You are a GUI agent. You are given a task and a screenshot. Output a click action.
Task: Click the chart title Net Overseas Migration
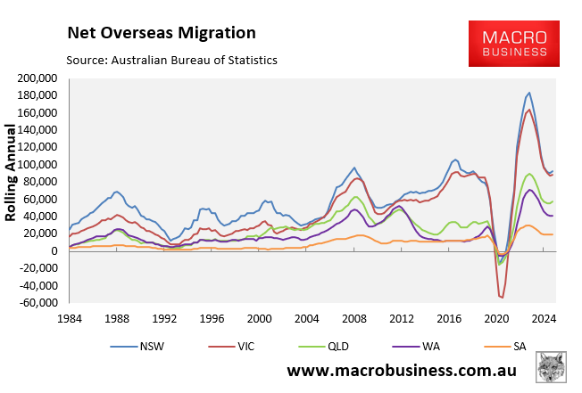point(161,33)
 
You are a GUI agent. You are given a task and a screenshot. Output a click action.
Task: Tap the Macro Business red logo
point(515,44)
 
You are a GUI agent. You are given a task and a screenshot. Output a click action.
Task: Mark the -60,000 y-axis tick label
point(35,303)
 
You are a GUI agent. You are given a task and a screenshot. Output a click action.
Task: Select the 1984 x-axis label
point(69,318)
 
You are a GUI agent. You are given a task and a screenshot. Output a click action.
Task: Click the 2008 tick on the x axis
point(355,318)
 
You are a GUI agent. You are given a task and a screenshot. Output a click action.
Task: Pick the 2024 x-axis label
point(545,318)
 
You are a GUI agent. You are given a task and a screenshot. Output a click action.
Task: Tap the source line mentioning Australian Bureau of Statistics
point(172,60)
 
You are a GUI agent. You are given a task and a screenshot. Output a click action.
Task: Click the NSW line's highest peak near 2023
point(529,93)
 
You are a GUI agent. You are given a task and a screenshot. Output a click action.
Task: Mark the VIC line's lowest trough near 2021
point(501,297)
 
